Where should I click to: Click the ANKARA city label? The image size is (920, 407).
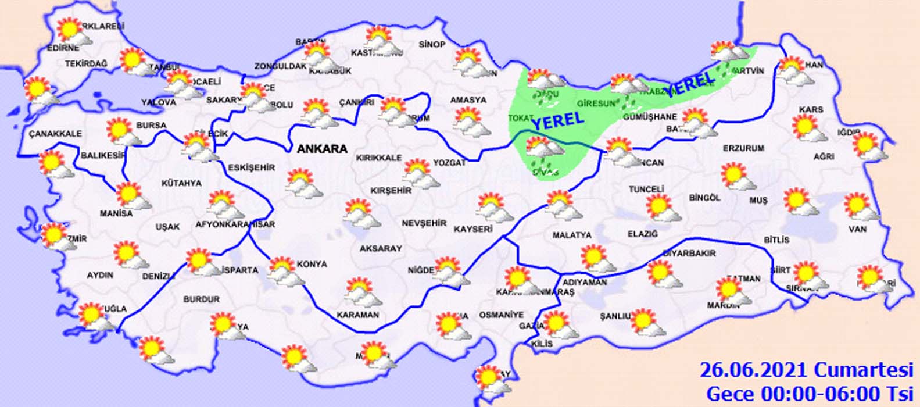(x=322, y=149)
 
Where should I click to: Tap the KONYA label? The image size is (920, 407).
(x=312, y=264)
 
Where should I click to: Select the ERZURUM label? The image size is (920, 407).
(x=743, y=148)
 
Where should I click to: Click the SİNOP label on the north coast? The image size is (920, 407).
(x=432, y=45)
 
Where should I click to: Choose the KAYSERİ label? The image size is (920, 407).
(x=473, y=229)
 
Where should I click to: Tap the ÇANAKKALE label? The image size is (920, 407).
(x=55, y=134)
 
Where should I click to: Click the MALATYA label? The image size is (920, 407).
(x=572, y=235)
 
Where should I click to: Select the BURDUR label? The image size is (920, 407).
(x=202, y=299)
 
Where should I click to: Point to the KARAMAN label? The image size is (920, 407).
(x=357, y=315)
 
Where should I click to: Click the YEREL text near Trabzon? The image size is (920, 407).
(x=689, y=84)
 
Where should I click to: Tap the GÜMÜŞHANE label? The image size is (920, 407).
(x=650, y=117)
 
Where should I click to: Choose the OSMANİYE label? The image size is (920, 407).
(x=501, y=315)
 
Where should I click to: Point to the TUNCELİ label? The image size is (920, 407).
(x=646, y=190)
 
